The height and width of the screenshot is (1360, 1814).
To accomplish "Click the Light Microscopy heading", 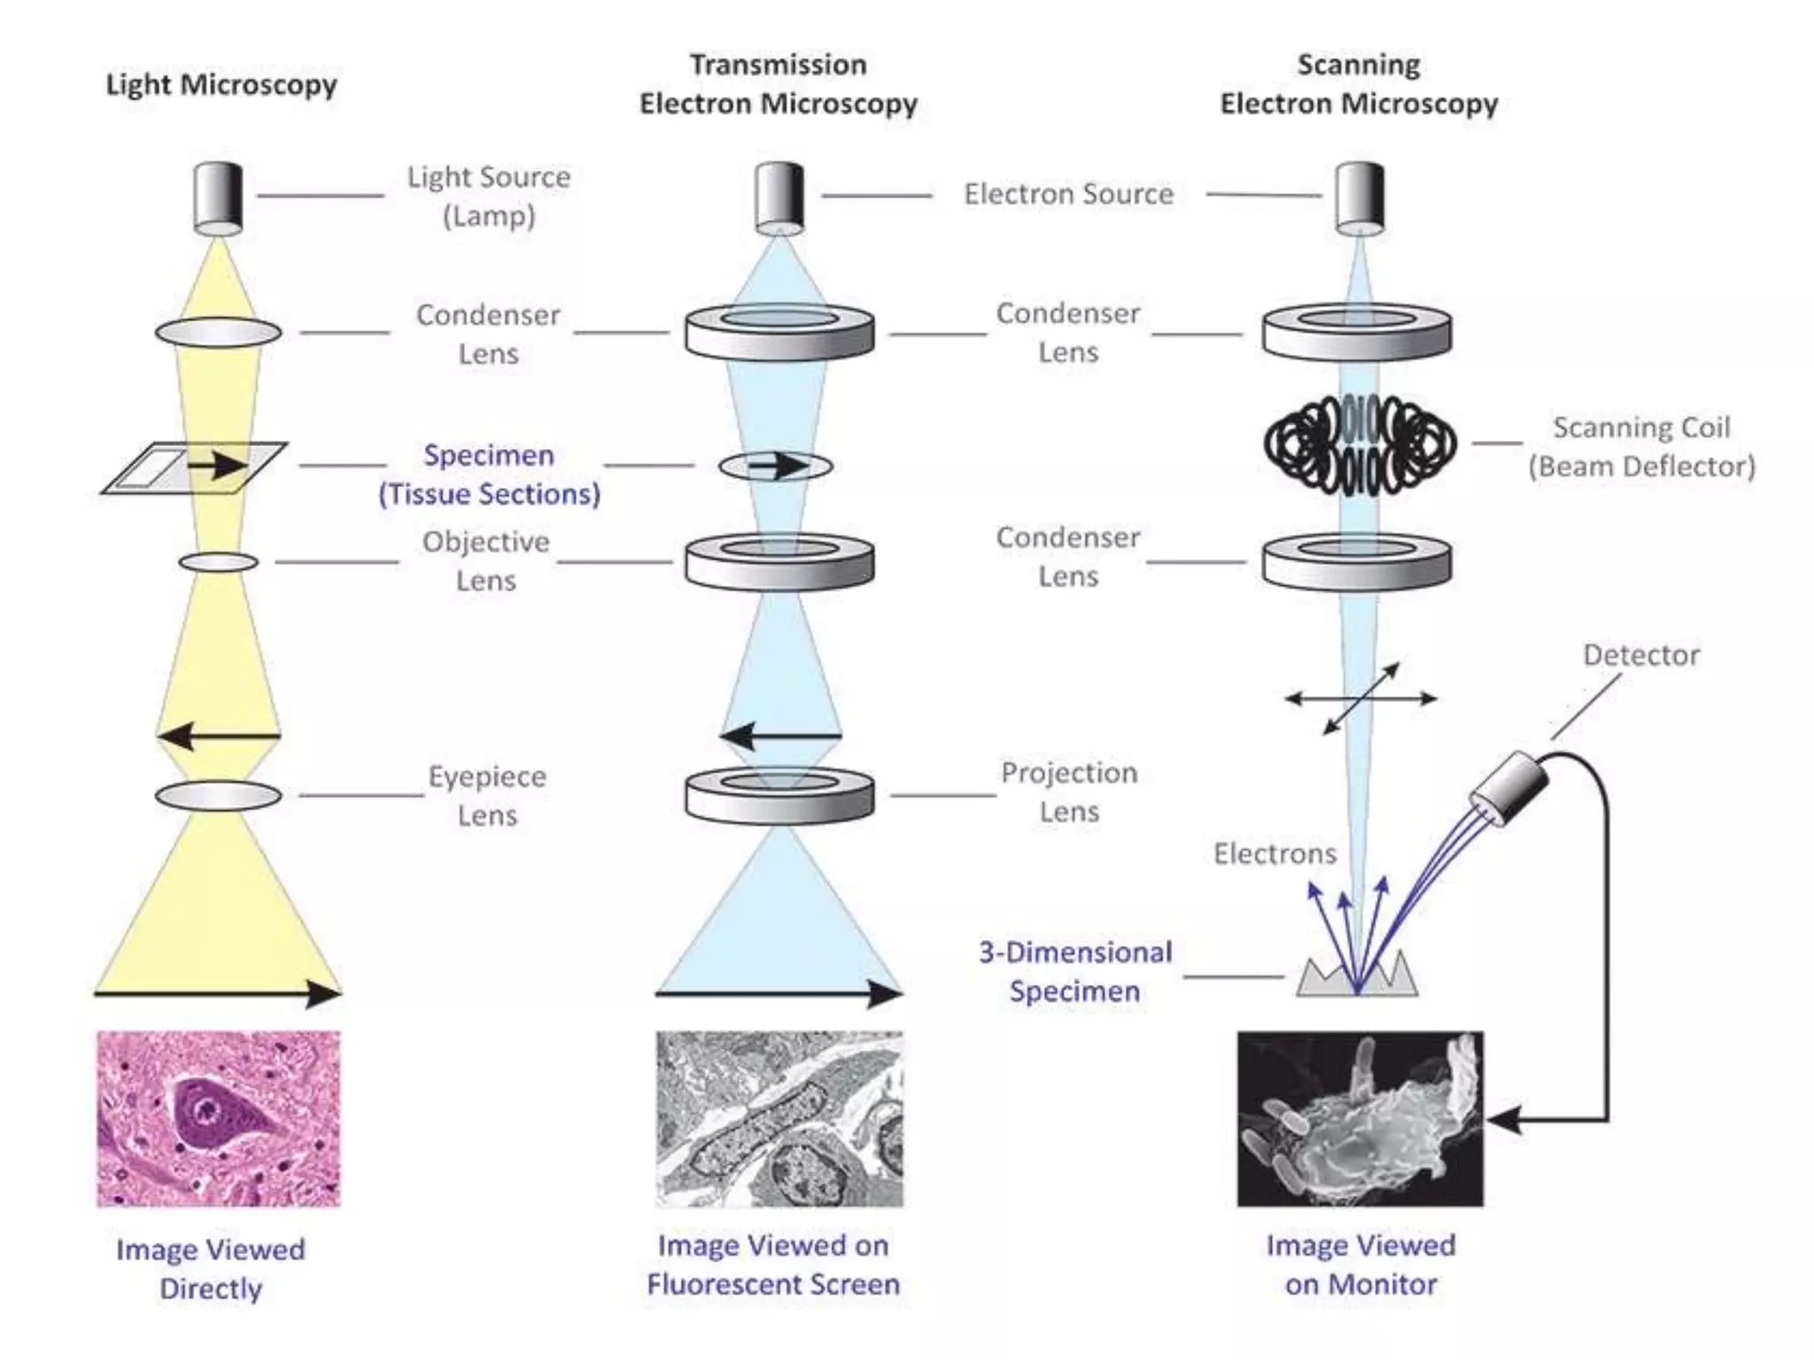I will [221, 85].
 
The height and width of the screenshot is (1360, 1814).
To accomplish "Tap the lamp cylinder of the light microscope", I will [218, 197].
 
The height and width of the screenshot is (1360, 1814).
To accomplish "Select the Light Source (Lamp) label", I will [488, 196].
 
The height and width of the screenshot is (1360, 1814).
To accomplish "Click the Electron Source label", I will [1068, 194].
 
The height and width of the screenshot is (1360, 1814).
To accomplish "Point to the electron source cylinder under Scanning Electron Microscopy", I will [1360, 197].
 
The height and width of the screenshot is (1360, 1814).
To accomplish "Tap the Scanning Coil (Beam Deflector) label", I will [1641, 446].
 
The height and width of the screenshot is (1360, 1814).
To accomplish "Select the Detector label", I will [1640, 655].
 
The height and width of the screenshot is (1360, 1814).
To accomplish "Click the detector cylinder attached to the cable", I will [1509, 788].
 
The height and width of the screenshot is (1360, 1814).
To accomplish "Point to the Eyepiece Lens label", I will [487, 795].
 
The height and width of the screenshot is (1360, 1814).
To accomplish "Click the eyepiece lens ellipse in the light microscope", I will [218, 795].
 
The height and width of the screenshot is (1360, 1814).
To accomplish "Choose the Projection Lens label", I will [1069, 792].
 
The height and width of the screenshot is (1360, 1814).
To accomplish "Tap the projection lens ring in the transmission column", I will [779, 793].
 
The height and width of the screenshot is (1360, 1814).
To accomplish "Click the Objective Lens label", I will [485, 560].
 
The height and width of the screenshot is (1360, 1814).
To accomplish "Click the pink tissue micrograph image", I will [218, 1118].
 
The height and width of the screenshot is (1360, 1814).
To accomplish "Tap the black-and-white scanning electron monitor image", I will [1360, 1118].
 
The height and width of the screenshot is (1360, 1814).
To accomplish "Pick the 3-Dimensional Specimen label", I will [1074, 971].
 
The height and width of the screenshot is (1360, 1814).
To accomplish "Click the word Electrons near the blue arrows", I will [1275, 854].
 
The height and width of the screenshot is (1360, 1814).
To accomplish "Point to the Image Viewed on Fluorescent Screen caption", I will [773, 1264].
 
